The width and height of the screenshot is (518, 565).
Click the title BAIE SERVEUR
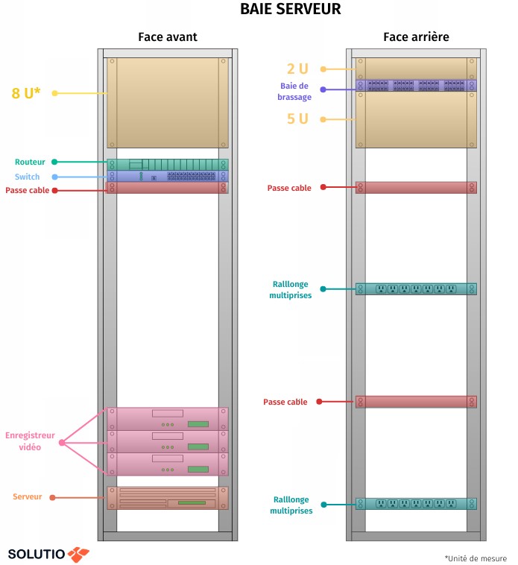(x=290, y=10)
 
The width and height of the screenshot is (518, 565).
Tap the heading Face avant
(x=168, y=37)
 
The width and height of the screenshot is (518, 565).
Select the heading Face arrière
(x=416, y=37)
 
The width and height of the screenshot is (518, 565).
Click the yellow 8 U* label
(x=26, y=93)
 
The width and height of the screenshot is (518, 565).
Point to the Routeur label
(x=30, y=162)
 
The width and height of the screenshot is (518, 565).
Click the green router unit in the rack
(x=168, y=165)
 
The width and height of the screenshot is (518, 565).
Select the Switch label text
(x=27, y=177)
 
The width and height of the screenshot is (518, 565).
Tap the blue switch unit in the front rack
(x=168, y=177)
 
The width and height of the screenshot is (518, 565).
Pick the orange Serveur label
(x=28, y=496)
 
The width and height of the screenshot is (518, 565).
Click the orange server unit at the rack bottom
(x=168, y=499)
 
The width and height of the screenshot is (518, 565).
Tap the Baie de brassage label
(x=294, y=91)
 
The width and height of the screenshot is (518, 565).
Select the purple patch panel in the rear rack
(x=416, y=86)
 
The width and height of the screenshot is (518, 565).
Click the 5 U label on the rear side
(x=297, y=119)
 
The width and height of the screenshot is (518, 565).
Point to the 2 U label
(x=297, y=69)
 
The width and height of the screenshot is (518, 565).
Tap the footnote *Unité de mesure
(x=476, y=558)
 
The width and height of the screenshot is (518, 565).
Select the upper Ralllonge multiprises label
(x=290, y=289)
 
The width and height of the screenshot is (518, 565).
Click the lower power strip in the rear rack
(x=416, y=504)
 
